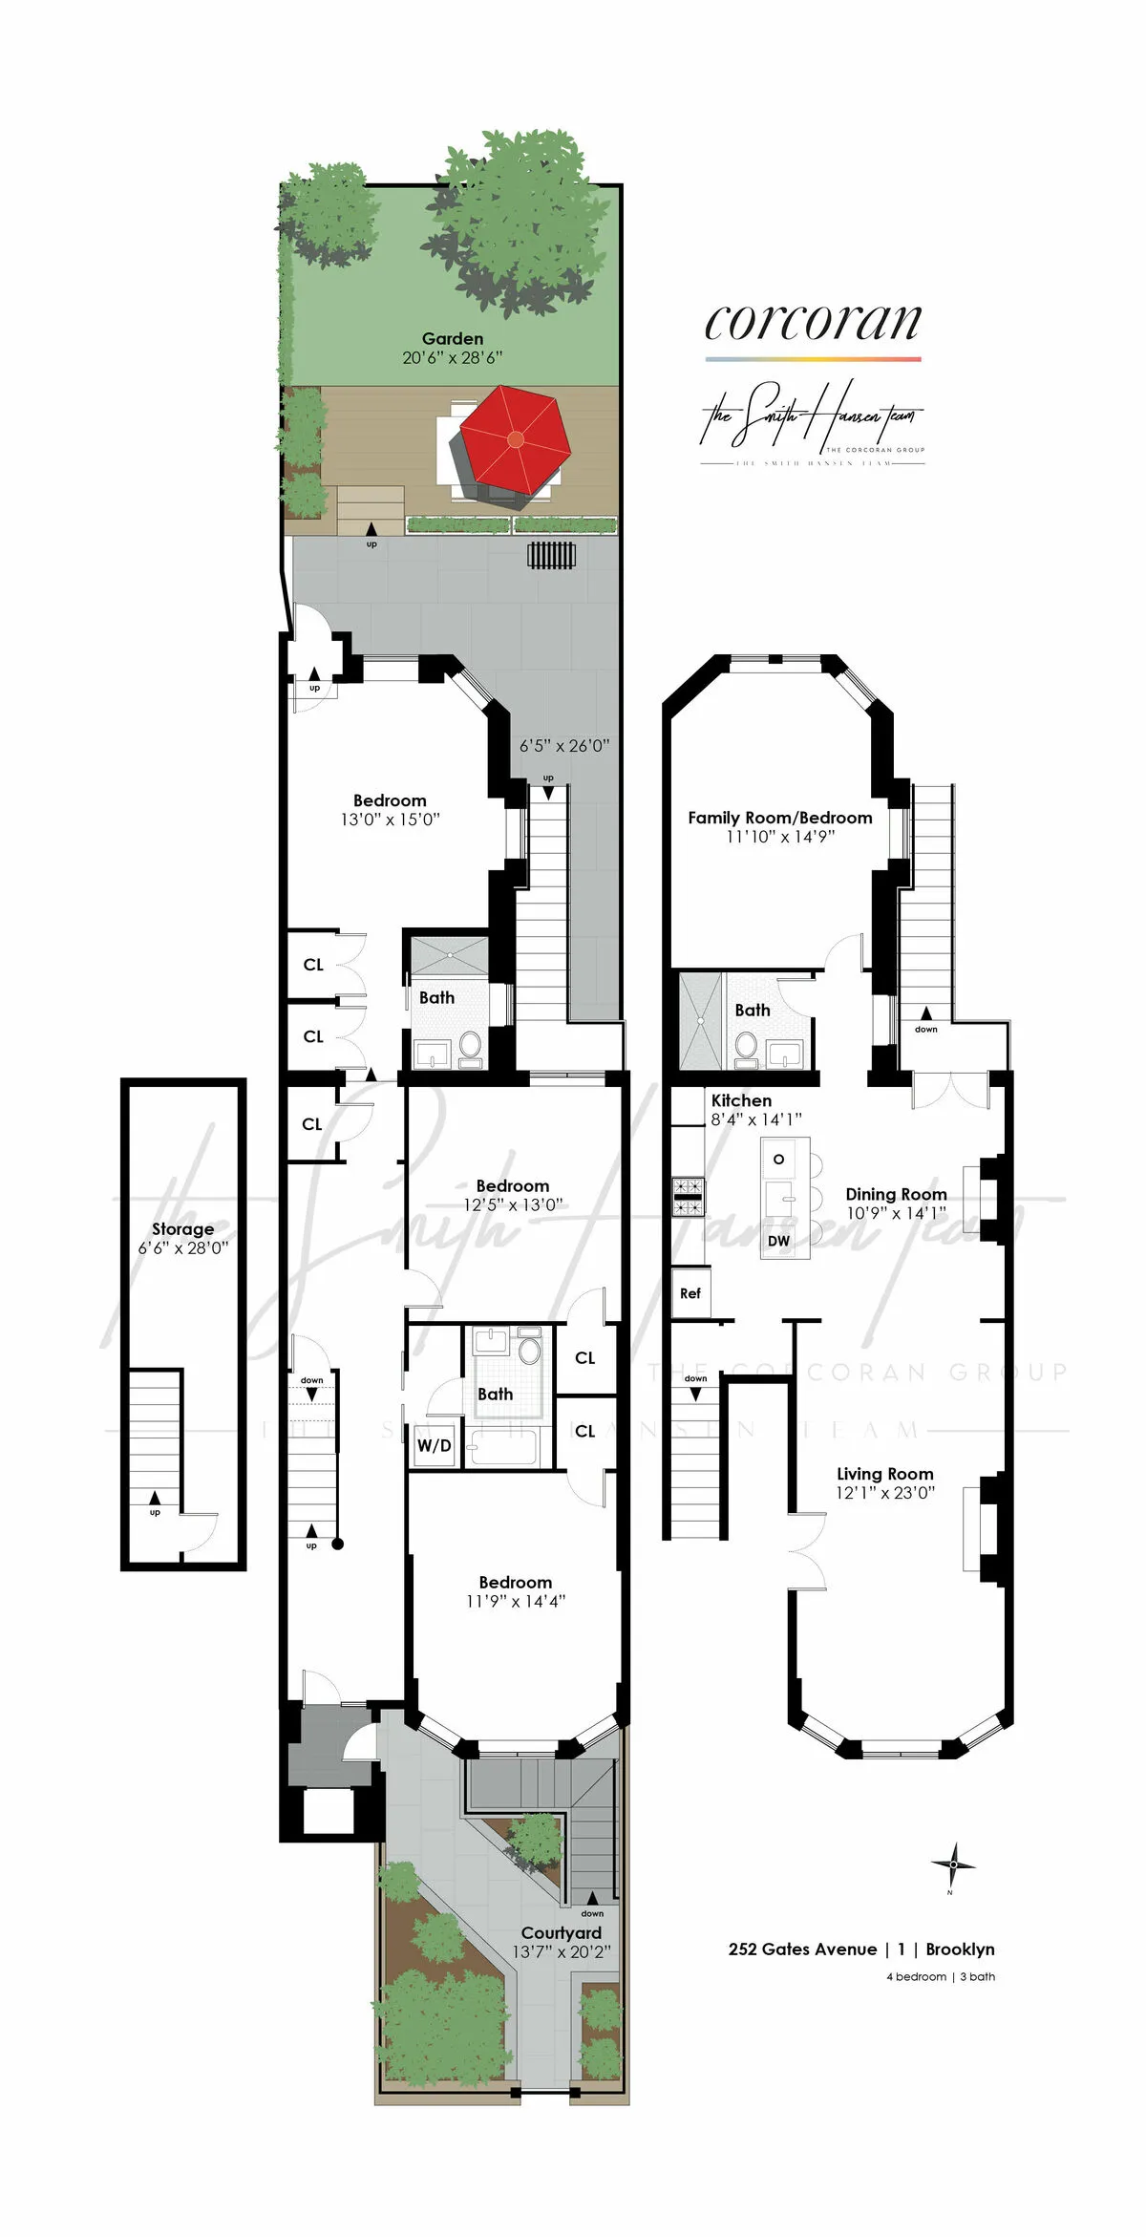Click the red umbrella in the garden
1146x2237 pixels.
click(x=515, y=439)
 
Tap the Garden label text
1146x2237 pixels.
click(x=453, y=339)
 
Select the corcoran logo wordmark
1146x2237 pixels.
click(x=813, y=322)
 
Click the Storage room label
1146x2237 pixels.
click(x=182, y=1229)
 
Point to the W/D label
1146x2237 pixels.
click(x=434, y=1446)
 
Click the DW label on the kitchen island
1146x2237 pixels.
click(x=778, y=1242)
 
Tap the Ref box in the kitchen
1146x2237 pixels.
click(x=690, y=1293)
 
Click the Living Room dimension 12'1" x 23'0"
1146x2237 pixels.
click(x=885, y=1493)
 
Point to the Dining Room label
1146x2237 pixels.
click(x=896, y=1194)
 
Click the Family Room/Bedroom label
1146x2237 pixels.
click(x=779, y=818)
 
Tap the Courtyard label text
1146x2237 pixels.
click(x=561, y=1933)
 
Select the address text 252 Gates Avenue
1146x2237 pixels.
click(x=802, y=1949)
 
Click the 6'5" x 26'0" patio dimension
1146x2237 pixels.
click(x=563, y=746)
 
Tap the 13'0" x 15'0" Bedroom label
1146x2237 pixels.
click(x=390, y=820)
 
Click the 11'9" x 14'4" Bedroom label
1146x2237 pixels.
click(x=515, y=1602)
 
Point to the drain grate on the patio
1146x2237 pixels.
click(x=553, y=555)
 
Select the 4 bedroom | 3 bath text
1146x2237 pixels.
click(x=940, y=1976)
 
